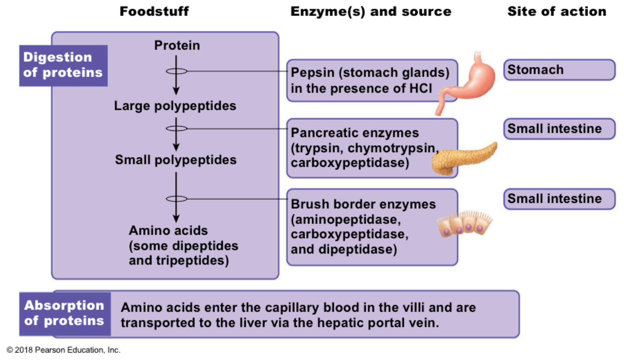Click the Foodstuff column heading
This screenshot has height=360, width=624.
[154, 11]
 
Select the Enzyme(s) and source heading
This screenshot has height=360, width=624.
[370, 11]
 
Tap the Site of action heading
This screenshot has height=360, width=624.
[556, 11]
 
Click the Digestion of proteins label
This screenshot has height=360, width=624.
[63, 65]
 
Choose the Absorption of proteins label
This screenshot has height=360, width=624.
[64, 313]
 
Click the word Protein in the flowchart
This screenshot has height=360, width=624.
[177, 45]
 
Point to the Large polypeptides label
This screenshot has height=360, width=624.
[175, 106]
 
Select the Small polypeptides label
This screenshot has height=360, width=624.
[176, 160]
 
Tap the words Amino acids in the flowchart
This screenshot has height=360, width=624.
[168, 230]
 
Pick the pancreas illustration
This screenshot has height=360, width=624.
[463, 157]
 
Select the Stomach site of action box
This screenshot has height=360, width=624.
[559, 70]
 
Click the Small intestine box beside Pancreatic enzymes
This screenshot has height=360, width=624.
[559, 129]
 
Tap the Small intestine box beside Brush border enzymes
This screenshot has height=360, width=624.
[559, 199]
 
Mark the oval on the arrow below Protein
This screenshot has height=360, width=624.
[176, 71]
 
